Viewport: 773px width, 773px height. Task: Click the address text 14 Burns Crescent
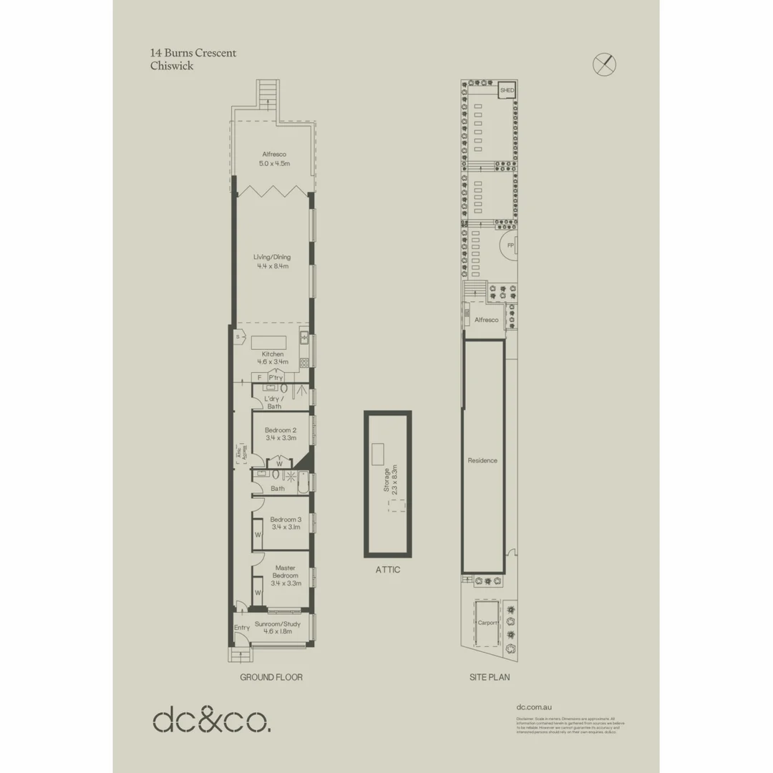pos(193,53)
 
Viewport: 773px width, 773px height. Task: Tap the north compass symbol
pos(605,64)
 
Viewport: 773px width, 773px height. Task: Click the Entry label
pos(242,628)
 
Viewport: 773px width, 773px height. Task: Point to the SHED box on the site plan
pos(507,91)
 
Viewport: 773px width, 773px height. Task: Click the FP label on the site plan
pos(510,245)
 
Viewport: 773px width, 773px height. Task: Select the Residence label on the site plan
pos(482,460)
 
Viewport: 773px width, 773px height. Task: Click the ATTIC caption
pos(388,570)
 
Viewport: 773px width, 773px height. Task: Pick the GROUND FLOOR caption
pos(271,677)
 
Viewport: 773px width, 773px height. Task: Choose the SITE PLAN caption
pos(490,677)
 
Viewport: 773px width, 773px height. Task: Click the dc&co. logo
pos(212,719)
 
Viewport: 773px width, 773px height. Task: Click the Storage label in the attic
pos(386,480)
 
